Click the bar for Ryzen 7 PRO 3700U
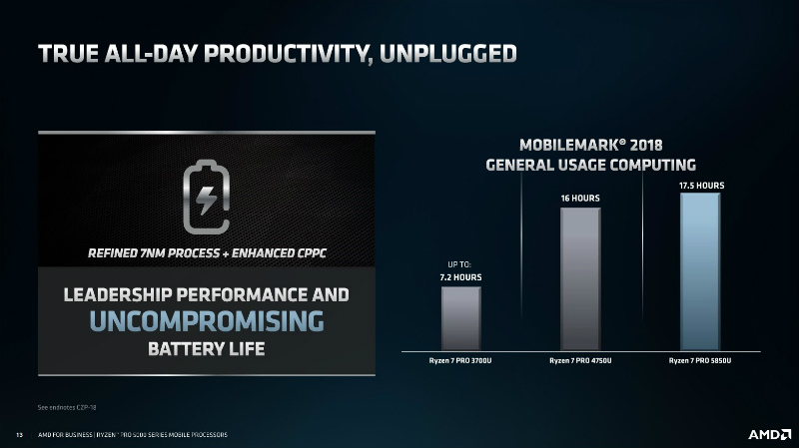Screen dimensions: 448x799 click(460, 318)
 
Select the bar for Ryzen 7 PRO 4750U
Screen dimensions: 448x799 click(580, 278)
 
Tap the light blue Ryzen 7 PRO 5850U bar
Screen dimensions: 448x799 click(699, 270)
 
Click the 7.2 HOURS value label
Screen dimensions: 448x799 click(460, 276)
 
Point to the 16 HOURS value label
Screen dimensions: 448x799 click(580, 198)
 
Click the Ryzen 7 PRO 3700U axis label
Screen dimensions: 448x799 click(460, 360)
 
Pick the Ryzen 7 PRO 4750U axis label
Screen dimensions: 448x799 click(580, 360)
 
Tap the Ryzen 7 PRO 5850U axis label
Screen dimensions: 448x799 click(700, 360)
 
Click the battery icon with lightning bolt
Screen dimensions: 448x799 click(206, 196)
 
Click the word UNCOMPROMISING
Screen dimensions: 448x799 click(207, 321)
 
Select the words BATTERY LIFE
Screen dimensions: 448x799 click(207, 349)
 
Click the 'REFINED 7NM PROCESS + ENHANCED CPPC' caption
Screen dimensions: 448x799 click(207, 250)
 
